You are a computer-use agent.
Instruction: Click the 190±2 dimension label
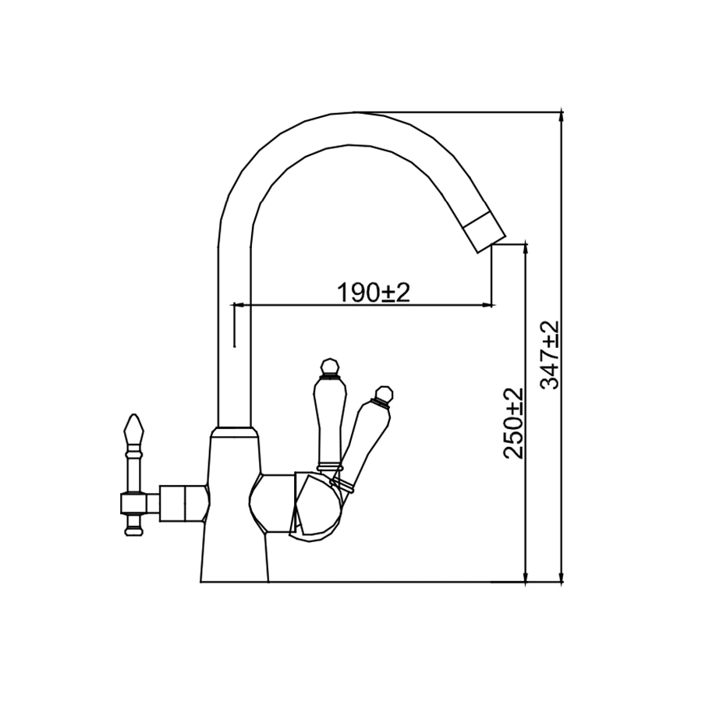(373, 292)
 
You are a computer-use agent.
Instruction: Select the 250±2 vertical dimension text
(513, 424)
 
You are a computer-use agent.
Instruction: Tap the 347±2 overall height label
(549, 355)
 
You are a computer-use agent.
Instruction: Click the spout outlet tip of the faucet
(491, 244)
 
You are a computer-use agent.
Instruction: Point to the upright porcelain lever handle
(331, 422)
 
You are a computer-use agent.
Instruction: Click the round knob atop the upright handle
(331, 367)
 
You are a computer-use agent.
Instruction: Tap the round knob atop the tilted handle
(384, 394)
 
